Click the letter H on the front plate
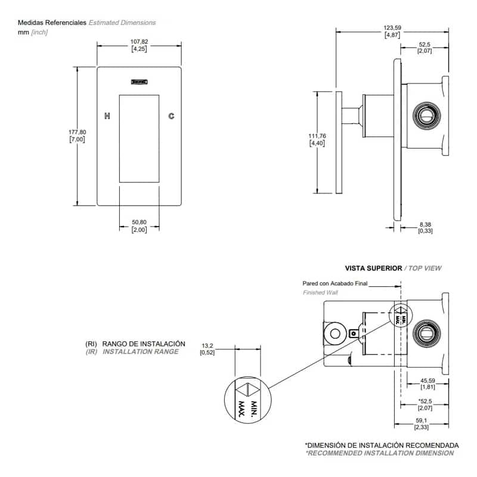107,116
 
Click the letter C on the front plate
171,116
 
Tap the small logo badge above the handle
139,83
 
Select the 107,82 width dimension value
139,42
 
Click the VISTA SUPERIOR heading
373,268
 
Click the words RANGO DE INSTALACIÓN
144,344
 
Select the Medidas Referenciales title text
52,23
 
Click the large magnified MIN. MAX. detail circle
246,401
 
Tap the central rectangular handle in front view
139,138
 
